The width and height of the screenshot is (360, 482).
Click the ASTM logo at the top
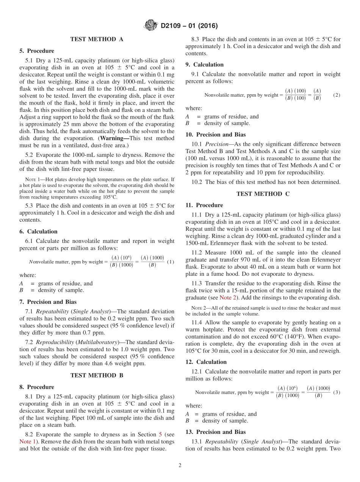pos(150,26)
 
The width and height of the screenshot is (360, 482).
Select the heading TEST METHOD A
pos(97,39)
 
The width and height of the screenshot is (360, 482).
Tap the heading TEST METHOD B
pos(97,376)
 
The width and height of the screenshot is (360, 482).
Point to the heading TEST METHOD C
pos(263,194)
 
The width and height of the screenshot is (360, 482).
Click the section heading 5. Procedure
pos(37,51)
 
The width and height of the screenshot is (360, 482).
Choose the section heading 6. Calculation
pos(39,232)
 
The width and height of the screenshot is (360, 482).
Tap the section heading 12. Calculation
pos(206,362)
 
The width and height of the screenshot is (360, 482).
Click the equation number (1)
pos(171,262)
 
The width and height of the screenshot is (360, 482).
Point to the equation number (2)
pos(337,95)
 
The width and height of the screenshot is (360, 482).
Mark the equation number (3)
pos(337,392)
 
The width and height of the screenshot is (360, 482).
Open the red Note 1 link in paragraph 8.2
pos(27,441)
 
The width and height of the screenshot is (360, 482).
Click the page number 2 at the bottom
pos(180,465)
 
